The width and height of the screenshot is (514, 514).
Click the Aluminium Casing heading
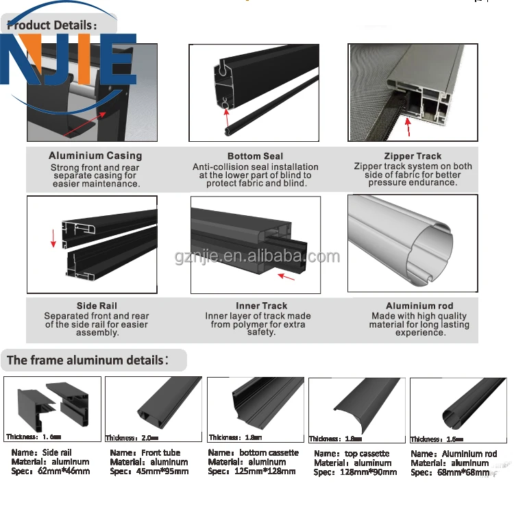pos(95,156)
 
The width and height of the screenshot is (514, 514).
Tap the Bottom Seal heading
pos(255,156)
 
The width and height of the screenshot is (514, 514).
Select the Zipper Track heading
pos(413,156)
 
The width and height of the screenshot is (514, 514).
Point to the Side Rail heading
pos(97,306)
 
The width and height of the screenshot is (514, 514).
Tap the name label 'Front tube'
pos(161,453)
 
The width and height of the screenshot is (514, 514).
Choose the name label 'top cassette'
pos(365,454)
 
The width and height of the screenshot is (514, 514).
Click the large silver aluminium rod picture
pos(412,243)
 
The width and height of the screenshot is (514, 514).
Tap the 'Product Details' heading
pos(53,25)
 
